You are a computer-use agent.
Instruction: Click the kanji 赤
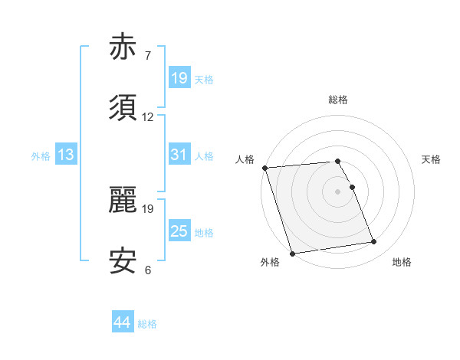click(x=124, y=48)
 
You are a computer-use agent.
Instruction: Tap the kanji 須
click(x=124, y=108)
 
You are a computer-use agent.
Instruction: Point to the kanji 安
click(x=124, y=260)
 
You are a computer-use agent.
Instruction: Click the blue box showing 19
click(x=179, y=77)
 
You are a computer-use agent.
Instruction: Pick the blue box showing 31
click(x=179, y=155)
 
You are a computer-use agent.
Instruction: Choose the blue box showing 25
click(x=179, y=231)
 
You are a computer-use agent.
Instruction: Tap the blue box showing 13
click(x=66, y=155)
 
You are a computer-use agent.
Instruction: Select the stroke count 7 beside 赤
click(x=148, y=57)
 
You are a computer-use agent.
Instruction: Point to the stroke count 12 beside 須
click(x=148, y=118)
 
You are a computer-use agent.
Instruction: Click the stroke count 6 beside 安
click(x=148, y=270)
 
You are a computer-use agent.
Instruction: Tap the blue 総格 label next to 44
click(x=147, y=324)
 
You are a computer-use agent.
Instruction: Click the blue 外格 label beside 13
click(x=41, y=155)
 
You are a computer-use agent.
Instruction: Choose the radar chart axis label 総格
click(x=338, y=100)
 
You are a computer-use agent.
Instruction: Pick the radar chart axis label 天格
click(x=432, y=159)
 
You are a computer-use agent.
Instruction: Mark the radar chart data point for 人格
click(x=265, y=168)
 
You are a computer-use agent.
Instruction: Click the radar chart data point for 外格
click(x=292, y=253)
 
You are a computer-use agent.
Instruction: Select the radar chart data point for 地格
click(x=374, y=242)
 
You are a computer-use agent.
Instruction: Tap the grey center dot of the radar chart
click(x=338, y=191)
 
